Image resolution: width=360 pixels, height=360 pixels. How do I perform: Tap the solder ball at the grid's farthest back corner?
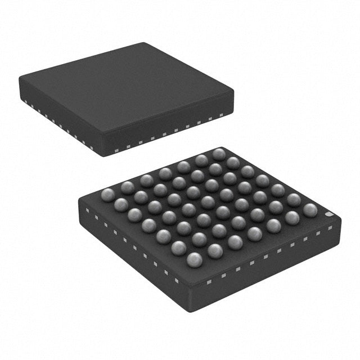(x=219, y=154)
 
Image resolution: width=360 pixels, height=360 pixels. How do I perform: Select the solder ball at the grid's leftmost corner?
(x=107, y=195)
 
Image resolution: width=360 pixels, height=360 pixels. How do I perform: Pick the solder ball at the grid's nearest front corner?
(x=194, y=259)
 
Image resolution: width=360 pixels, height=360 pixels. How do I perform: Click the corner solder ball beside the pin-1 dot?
(x=310, y=210)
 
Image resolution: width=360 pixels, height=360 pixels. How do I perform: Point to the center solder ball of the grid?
(x=208, y=202)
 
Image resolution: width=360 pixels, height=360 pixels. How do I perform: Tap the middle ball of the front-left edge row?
(x=149, y=226)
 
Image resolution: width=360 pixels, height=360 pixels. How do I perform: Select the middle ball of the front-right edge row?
(x=254, y=233)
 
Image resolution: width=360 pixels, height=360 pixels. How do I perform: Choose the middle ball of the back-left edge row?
(x=165, y=173)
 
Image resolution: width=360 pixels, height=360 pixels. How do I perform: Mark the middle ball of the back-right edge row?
(x=262, y=181)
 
